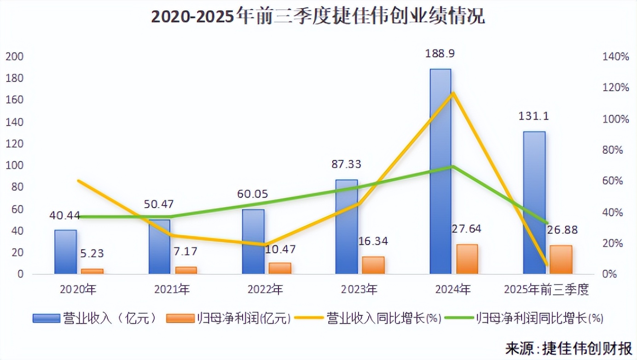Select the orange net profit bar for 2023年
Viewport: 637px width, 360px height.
click(373, 265)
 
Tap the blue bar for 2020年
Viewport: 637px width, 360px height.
click(65, 252)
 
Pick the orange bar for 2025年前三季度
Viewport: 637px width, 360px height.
click(561, 260)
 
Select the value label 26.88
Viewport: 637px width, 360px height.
click(562, 230)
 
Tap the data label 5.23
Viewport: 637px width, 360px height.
click(92, 253)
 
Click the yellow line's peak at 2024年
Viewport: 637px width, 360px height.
click(453, 93)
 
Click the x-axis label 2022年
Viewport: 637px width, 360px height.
click(265, 290)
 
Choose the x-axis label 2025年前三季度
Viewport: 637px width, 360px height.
click(547, 290)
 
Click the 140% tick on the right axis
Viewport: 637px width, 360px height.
click(615, 57)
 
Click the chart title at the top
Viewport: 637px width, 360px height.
click(318, 17)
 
